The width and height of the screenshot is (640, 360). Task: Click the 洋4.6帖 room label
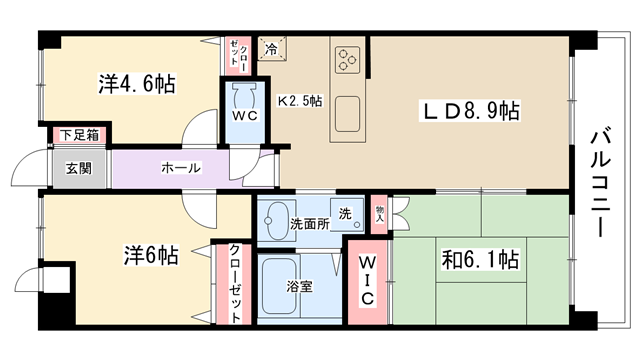tap(137, 84)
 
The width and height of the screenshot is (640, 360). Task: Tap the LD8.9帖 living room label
tap(470, 111)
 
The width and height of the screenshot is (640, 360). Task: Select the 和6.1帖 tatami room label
tap(480, 259)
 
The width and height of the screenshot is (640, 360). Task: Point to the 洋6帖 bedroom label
tap(151, 255)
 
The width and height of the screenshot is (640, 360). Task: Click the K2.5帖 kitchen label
tap(300, 101)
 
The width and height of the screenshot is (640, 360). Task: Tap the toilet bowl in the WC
tap(244, 96)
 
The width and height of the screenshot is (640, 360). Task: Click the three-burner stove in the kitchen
tap(347, 60)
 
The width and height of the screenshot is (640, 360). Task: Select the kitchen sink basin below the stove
tap(347, 114)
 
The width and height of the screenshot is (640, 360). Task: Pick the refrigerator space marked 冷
tap(272, 49)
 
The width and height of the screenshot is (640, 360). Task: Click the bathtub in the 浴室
tap(279, 286)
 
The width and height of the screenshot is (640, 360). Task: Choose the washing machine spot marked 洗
tap(347, 215)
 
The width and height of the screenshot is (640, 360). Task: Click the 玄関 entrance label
tap(79, 168)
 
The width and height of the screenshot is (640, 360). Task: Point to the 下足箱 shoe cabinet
tap(80, 135)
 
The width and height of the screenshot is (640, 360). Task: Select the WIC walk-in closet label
tap(367, 280)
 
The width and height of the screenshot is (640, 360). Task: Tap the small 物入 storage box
tap(380, 214)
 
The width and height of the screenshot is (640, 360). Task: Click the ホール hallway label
tap(181, 168)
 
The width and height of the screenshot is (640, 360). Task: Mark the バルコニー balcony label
tap(600, 182)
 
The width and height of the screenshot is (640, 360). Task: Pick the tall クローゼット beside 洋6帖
tap(234, 284)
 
